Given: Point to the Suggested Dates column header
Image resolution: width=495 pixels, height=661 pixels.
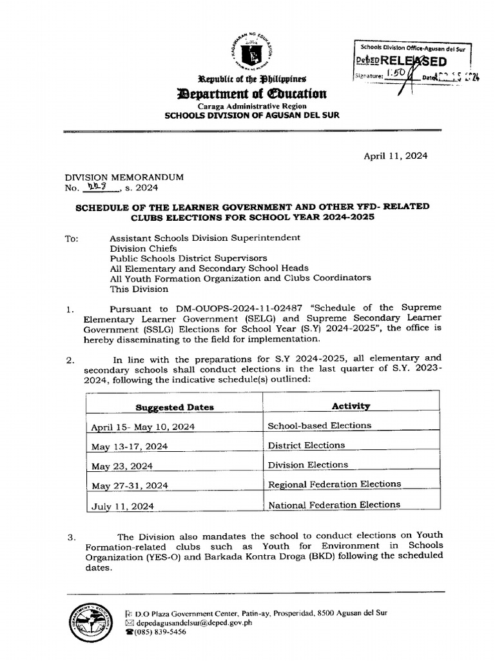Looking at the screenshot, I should (175, 407).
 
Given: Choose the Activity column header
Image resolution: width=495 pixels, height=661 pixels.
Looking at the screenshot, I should (351, 406).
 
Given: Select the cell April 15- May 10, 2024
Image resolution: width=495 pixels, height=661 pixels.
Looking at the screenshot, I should (143, 427).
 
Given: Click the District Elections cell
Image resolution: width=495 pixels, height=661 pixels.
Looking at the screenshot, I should (306, 445).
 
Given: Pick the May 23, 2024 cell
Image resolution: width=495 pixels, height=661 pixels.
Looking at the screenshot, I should (122, 466).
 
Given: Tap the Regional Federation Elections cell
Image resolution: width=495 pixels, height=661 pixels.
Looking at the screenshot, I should (334, 484).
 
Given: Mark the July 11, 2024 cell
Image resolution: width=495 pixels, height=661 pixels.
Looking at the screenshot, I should (122, 507).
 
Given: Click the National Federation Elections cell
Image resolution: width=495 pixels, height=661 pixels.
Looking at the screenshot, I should (334, 505).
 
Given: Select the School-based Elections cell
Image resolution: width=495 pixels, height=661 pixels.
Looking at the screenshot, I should (320, 425).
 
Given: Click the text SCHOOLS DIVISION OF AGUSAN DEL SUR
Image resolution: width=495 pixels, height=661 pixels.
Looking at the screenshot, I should (252, 116).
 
